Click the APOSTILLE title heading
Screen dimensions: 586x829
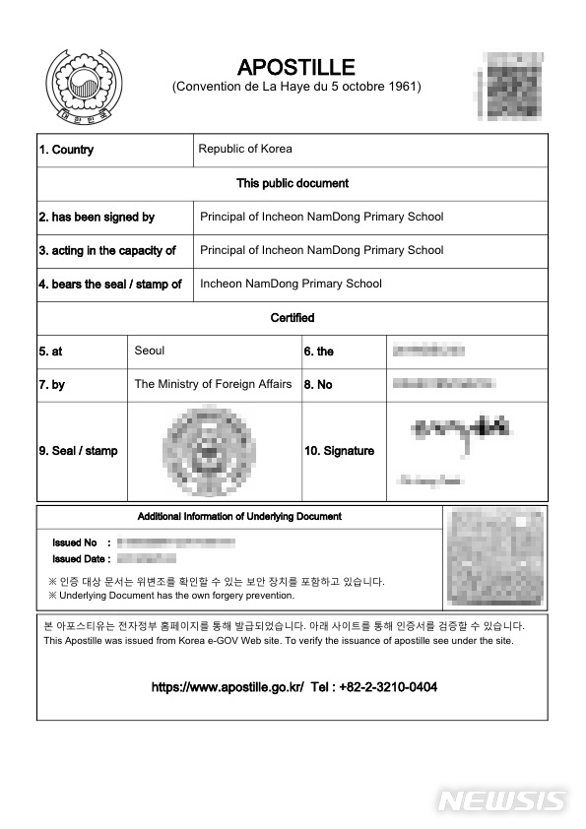tap(295, 67)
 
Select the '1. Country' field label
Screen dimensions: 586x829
tap(66, 150)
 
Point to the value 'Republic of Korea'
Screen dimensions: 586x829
tap(245, 150)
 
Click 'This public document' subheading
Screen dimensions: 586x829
tap(293, 183)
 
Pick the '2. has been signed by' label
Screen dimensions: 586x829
tap(97, 217)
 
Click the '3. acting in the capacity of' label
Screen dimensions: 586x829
tap(107, 250)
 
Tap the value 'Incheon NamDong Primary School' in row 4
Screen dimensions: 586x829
tap(291, 284)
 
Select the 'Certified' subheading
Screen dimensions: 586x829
tap(293, 318)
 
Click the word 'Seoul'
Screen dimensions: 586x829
tap(150, 351)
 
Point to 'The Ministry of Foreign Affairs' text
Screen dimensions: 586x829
tap(213, 384)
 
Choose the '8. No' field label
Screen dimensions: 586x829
tap(318, 385)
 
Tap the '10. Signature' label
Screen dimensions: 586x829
tap(340, 451)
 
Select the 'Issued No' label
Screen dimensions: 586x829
tap(75, 542)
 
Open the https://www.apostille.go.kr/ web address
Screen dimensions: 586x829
tap(228, 687)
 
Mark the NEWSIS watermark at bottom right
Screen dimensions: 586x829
tap(502, 801)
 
